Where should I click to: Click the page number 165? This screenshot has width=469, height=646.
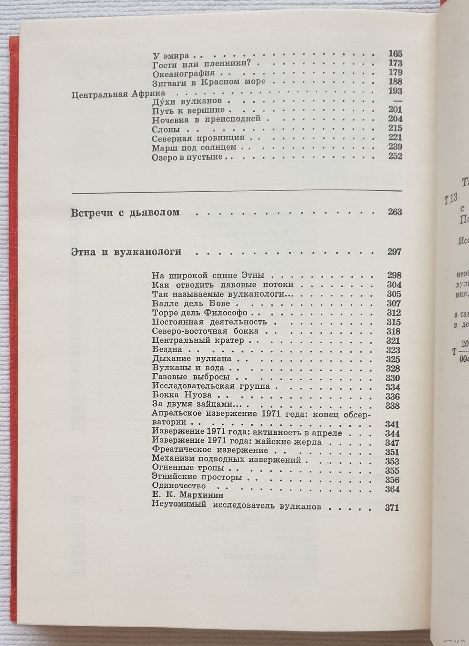(395, 54)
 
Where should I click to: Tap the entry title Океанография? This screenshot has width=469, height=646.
(183, 73)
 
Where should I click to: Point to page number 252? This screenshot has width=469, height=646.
(395, 156)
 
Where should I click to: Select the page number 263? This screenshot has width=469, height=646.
(395, 212)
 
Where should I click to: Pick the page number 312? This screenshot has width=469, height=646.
(393, 313)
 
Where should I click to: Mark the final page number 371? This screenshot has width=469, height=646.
(391, 507)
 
